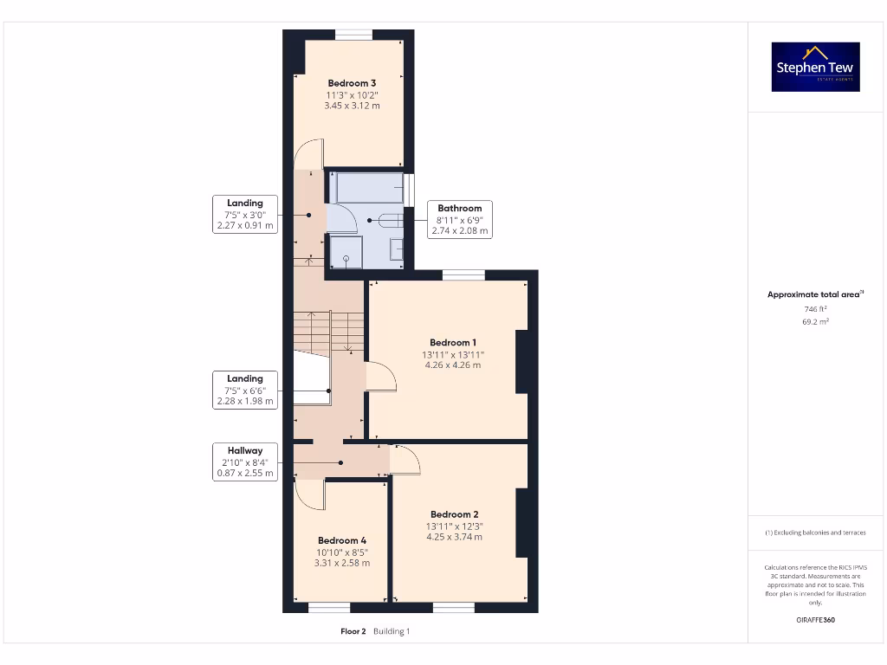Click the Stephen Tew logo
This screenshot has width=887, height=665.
coord(816,67)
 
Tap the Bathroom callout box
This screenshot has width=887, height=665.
coord(459,220)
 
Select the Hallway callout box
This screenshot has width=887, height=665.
coord(245,462)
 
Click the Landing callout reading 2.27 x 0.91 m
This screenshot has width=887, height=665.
coord(245,215)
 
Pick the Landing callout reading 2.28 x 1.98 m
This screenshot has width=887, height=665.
coord(245,390)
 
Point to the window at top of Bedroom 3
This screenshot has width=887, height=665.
coord(353,35)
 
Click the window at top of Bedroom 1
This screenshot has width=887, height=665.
coord(463,275)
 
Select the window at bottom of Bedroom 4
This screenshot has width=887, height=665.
coord(330,607)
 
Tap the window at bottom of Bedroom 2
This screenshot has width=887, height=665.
coord(454,607)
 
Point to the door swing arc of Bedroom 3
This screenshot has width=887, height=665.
coord(308,154)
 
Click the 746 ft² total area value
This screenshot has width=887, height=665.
coord(815,309)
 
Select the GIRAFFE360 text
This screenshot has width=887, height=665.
coord(815,620)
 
